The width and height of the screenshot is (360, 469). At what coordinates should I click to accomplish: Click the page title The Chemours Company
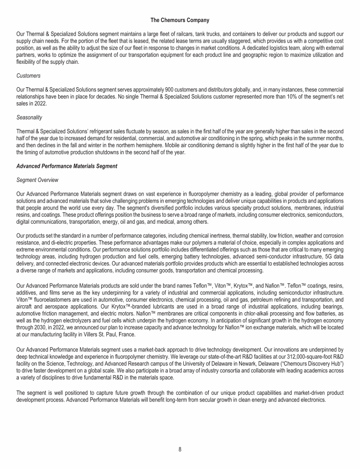pyautogui.click(x=180, y=20)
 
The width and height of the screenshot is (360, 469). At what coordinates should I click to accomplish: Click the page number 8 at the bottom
pyautogui.click(x=180, y=449)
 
